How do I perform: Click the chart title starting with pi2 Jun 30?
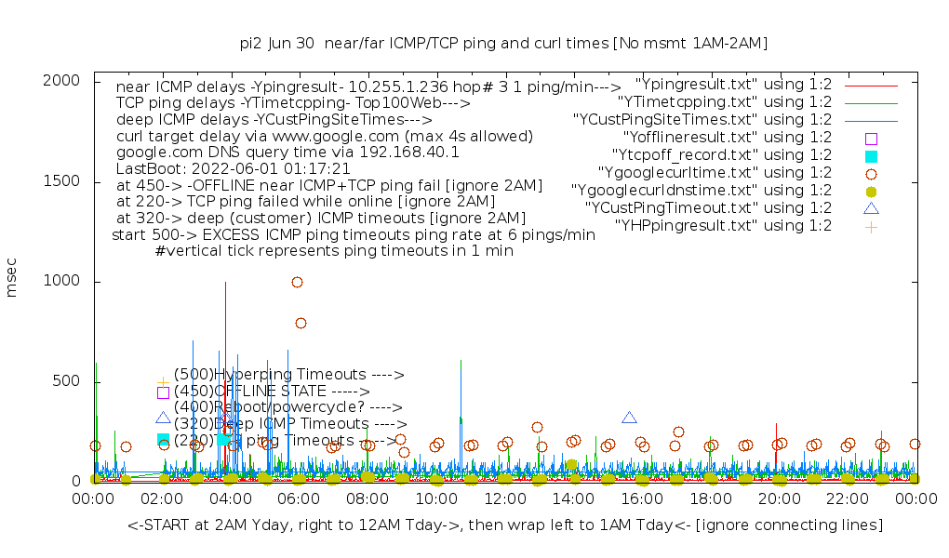(x=503, y=43)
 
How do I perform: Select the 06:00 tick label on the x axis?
(x=299, y=498)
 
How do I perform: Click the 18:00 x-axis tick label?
(x=710, y=498)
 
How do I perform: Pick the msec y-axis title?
(x=12, y=281)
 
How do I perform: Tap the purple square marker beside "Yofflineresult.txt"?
(x=871, y=138)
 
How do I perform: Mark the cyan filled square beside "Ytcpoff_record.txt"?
(x=871, y=155)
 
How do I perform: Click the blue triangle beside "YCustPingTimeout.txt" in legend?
(x=871, y=207)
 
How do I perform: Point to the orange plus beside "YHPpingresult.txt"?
(x=871, y=226)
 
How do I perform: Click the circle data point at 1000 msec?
(x=297, y=282)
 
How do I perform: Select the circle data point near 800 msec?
(x=301, y=323)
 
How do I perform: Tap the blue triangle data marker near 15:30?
(x=629, y=418)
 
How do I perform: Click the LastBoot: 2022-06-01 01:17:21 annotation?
(x=233, y=168)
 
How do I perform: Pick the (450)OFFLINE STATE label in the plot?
(x=272, y=391)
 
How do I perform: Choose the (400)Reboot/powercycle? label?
(x=287, y=407)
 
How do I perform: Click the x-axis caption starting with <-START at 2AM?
(x=504, y=525)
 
